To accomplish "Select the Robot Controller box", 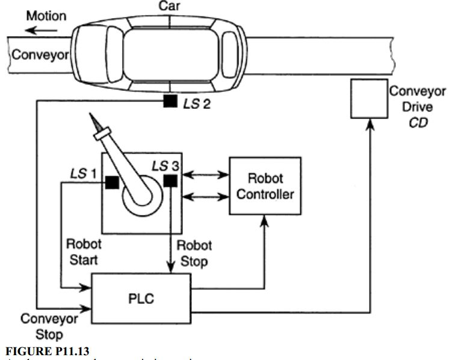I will [264, 186].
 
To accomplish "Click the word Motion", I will [46, 16].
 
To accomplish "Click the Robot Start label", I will [84, 253].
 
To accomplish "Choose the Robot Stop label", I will [193, 253].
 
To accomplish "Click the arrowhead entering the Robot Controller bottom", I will [264, 221].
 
